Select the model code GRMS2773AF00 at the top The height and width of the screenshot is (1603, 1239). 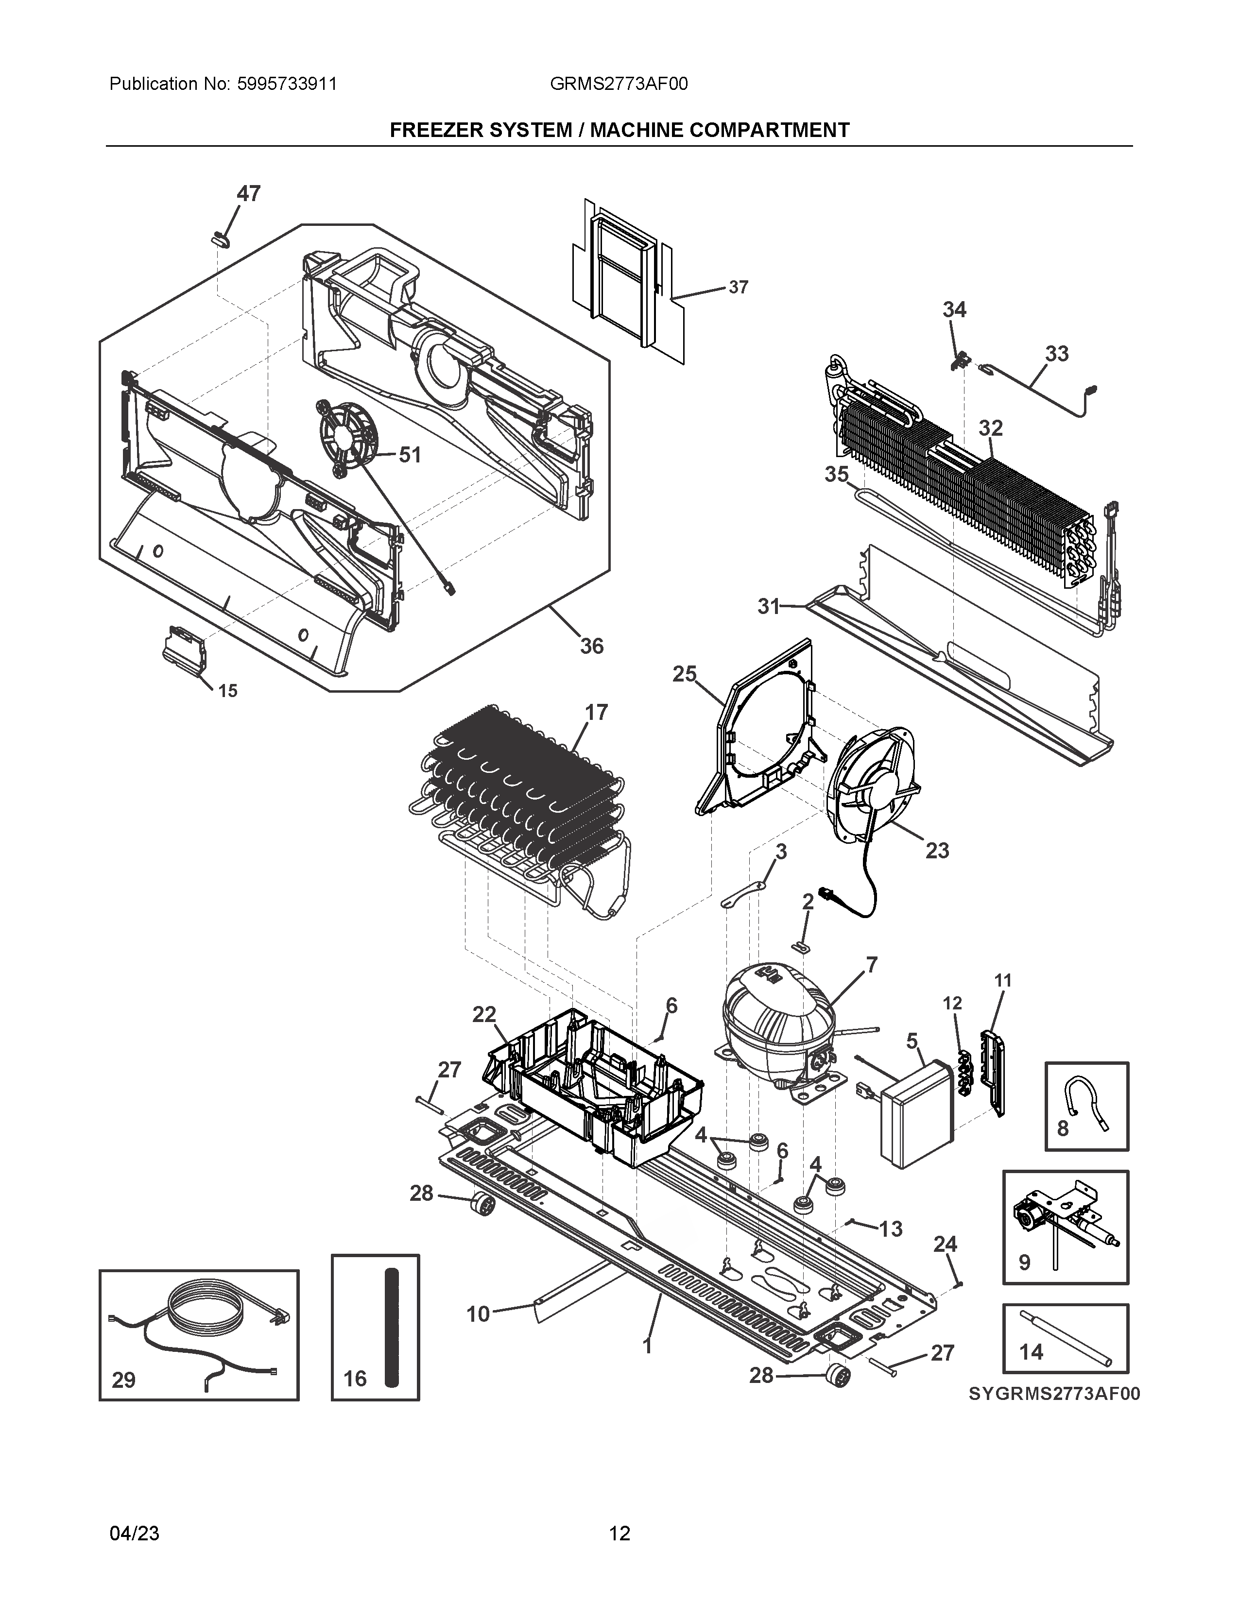(x=619, y=85)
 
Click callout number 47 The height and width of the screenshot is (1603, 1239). (x=248, y=194)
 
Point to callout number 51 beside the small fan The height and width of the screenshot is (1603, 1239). (x=410, y=455)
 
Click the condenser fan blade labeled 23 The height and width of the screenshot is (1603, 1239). (x=874, y=785)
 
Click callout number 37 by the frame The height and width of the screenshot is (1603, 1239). (x=739, y=287)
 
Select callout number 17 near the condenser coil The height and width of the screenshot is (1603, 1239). (x=596, y=712)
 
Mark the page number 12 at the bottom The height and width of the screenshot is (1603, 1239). (x=619, y=1533)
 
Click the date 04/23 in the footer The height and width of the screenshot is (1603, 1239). (x=134, y=1533)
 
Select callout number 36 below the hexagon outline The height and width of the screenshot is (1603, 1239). (x=592, y=646)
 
